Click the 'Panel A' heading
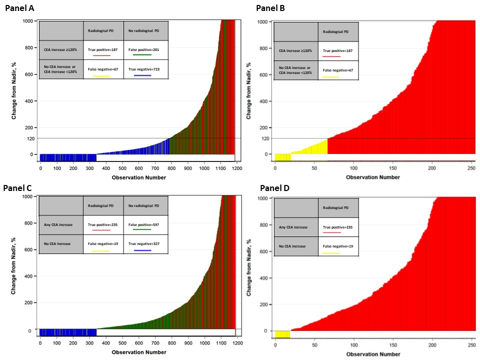click(x=20, y=8)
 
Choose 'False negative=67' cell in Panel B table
click(x=337, y=70)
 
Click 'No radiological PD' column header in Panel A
click(x=145, y=30)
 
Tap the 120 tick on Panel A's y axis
click(x=30, y=138)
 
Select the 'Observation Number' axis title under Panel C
click(x=138, y=352)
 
